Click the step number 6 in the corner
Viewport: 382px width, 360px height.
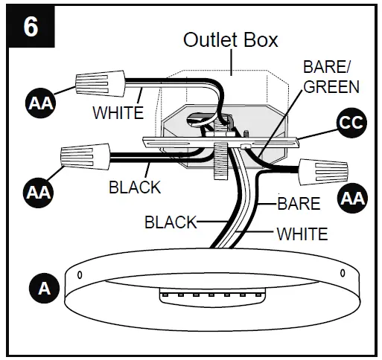[31, 28]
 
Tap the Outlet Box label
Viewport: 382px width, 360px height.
[231, 39]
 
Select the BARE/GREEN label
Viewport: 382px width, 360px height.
[331, 77]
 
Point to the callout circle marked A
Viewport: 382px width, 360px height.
[43, 288]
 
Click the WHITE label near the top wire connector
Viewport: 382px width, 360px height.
[118, 114]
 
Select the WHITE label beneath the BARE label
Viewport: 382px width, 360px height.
[302, 234]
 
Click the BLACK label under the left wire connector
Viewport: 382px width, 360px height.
[135, 187]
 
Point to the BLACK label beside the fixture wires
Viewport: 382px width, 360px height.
[170, 222]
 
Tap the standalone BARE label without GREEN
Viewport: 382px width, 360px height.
[299, 203]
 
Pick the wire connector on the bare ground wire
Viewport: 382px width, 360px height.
[322, 172]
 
